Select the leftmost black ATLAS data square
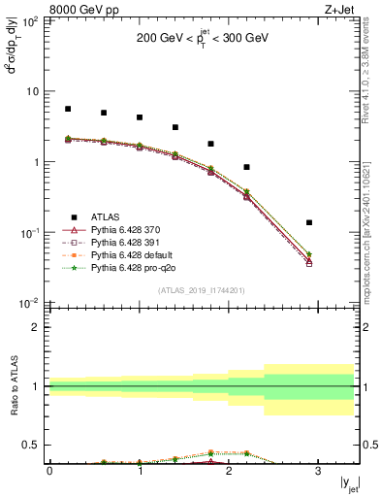[68, 109]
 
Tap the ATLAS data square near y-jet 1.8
[210, 144]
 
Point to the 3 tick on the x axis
[318, 471]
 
